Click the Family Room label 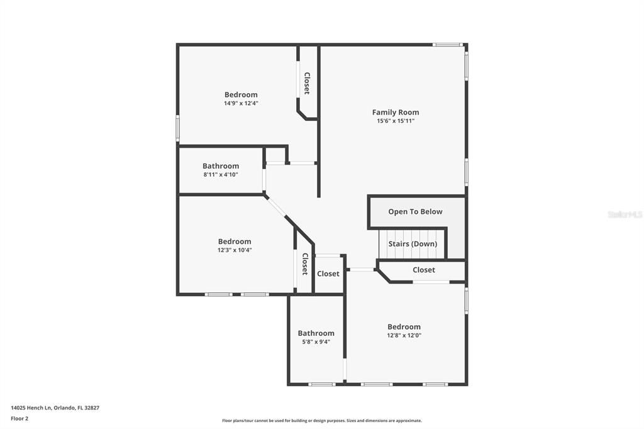395,113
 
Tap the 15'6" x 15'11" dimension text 395,121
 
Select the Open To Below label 415,212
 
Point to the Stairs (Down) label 413,244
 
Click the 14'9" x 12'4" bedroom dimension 241,103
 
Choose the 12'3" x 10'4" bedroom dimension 235,250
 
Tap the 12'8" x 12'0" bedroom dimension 404,335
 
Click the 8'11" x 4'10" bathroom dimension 221,174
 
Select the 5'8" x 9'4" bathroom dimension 316,342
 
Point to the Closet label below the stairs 423,270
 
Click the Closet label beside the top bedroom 307,83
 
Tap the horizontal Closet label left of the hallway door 328,274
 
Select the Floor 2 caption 19,418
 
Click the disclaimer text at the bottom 321,421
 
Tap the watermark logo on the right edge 625,214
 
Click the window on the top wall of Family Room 448,44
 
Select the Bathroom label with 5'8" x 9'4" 316,333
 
